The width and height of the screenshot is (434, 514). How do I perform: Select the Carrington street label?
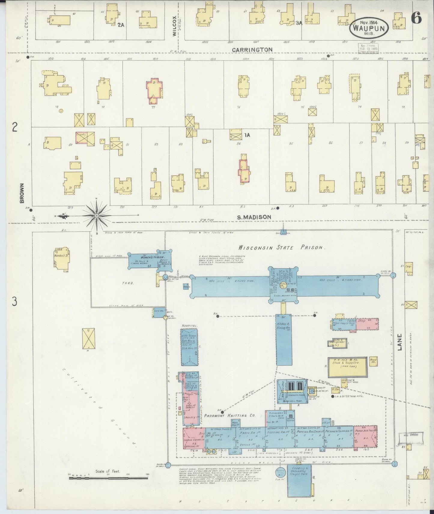[x=252, y=50]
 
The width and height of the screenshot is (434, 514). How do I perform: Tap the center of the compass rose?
[x=97, y=215]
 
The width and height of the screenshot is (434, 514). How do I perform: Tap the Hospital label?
[x=189, y=325]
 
